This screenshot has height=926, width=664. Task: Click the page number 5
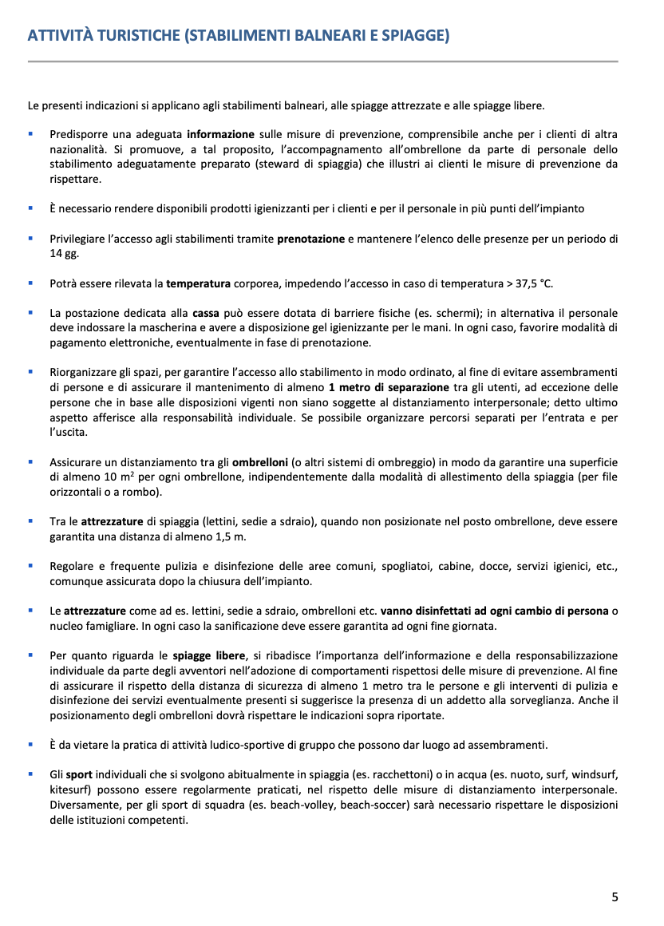pos(615,896)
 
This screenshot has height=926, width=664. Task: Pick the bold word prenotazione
pos(310,238)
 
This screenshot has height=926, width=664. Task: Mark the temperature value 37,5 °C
pos(526,283)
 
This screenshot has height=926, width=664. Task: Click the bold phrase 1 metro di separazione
pos(383,387)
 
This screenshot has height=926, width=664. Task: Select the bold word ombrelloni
pos(260,461)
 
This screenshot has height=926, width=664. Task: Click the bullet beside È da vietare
pos(30,744)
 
